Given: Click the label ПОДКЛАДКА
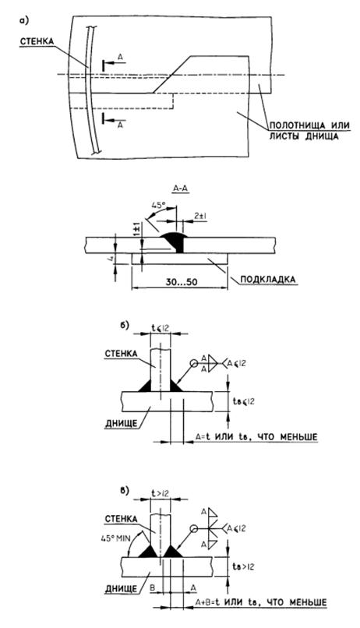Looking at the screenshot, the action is (267, 279).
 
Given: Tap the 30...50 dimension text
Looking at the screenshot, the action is (180, 281).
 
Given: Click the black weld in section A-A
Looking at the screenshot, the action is (176, 241).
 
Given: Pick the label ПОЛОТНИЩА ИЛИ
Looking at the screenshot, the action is (309, 125).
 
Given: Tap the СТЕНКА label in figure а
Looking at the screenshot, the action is (37, 41).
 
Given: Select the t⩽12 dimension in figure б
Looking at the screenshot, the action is (161, 328).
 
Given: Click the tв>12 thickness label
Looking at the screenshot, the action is (243, 567).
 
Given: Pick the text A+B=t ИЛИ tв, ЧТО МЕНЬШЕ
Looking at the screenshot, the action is (261, 602).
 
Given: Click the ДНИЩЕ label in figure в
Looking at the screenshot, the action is (121, 588).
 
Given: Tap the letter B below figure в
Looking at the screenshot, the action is (153, 587).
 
